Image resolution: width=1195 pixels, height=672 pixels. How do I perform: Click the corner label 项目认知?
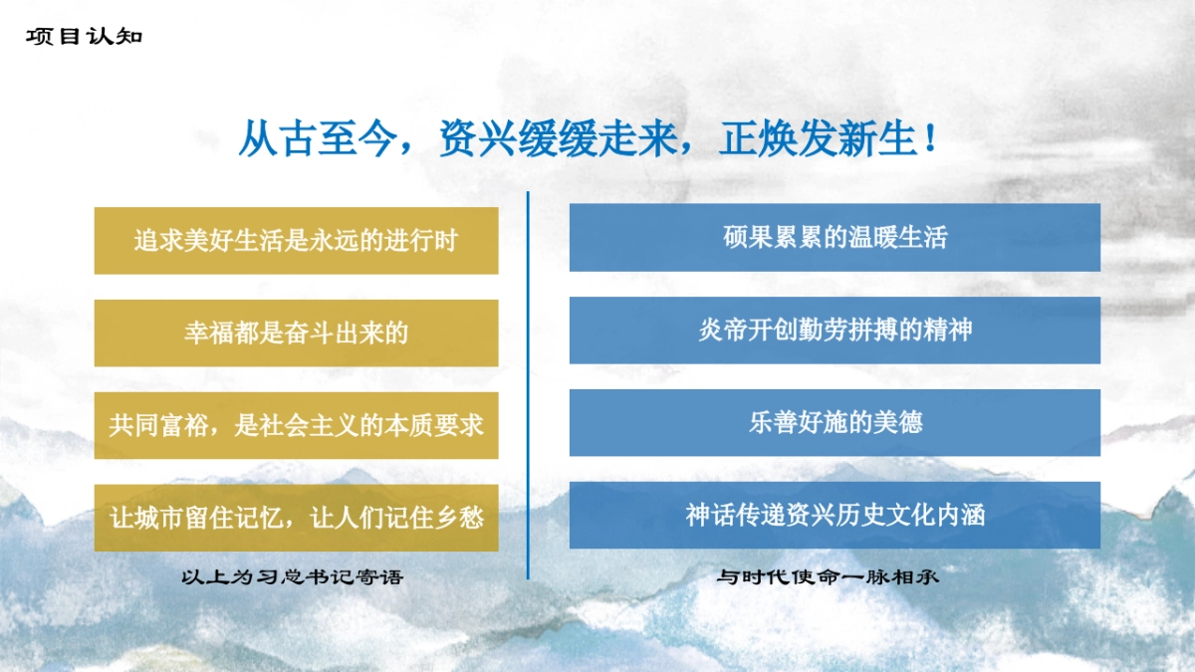point(85,38)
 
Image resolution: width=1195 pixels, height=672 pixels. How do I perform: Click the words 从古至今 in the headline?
point(317,140)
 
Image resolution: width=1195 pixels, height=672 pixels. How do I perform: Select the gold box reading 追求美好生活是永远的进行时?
point(296,240)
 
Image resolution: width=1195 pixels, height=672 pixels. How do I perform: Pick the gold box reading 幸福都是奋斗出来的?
point(296,333)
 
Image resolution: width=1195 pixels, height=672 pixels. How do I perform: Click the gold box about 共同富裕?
point(296,425)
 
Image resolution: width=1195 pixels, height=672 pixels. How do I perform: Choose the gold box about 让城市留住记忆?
point(296,518)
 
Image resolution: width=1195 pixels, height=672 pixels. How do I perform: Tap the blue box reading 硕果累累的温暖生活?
point(835,237)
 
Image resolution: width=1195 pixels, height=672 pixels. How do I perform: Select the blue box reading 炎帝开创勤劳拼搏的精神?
point(835,330)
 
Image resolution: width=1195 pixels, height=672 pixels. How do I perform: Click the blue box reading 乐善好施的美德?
point(835,422)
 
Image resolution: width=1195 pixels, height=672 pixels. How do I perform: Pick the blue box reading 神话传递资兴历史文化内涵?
point(835,515)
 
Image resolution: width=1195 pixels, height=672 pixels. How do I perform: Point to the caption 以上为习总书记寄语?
point(293,577)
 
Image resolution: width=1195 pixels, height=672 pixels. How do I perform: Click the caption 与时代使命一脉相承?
point(829,577)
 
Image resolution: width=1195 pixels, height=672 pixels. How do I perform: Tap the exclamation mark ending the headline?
point(929,140)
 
